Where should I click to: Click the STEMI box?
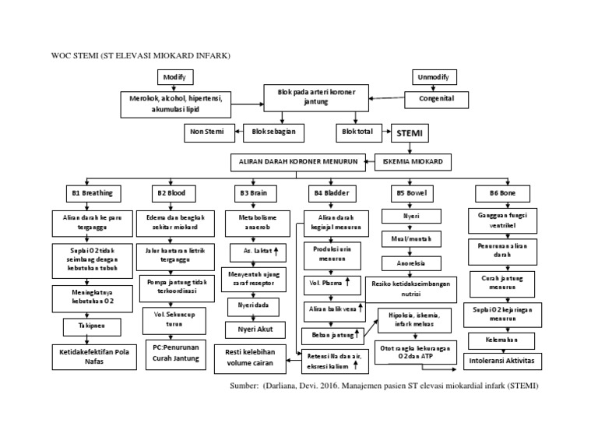pyautogui.click(x=409, y=133)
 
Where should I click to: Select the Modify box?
pyautogui.click(x=175, y=77)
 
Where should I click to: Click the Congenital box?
pyautogui.click(x=441, y=100)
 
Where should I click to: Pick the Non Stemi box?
pyautogui.click(x=208, y=132)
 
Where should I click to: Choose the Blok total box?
pyautogui.click(x=357, y=132)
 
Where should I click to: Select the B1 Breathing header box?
pyautogui.click(x=92, y=192)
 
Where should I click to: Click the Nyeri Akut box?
pyautogui.click(x=250, y=330)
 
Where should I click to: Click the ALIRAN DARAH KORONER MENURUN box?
pyautogui.click(x=297, y=162)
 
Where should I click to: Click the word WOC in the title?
pyautogui.click(x=62, y=56)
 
